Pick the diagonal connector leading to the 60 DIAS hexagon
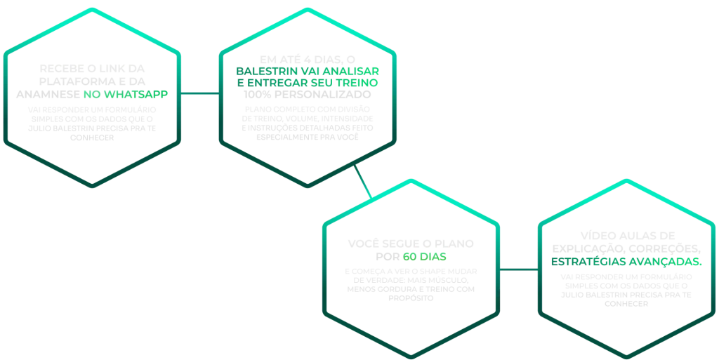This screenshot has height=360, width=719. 364,182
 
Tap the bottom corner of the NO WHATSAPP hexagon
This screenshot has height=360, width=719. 91,186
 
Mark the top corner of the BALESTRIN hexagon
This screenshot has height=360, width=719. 307,8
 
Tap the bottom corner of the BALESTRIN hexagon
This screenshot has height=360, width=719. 307,187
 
